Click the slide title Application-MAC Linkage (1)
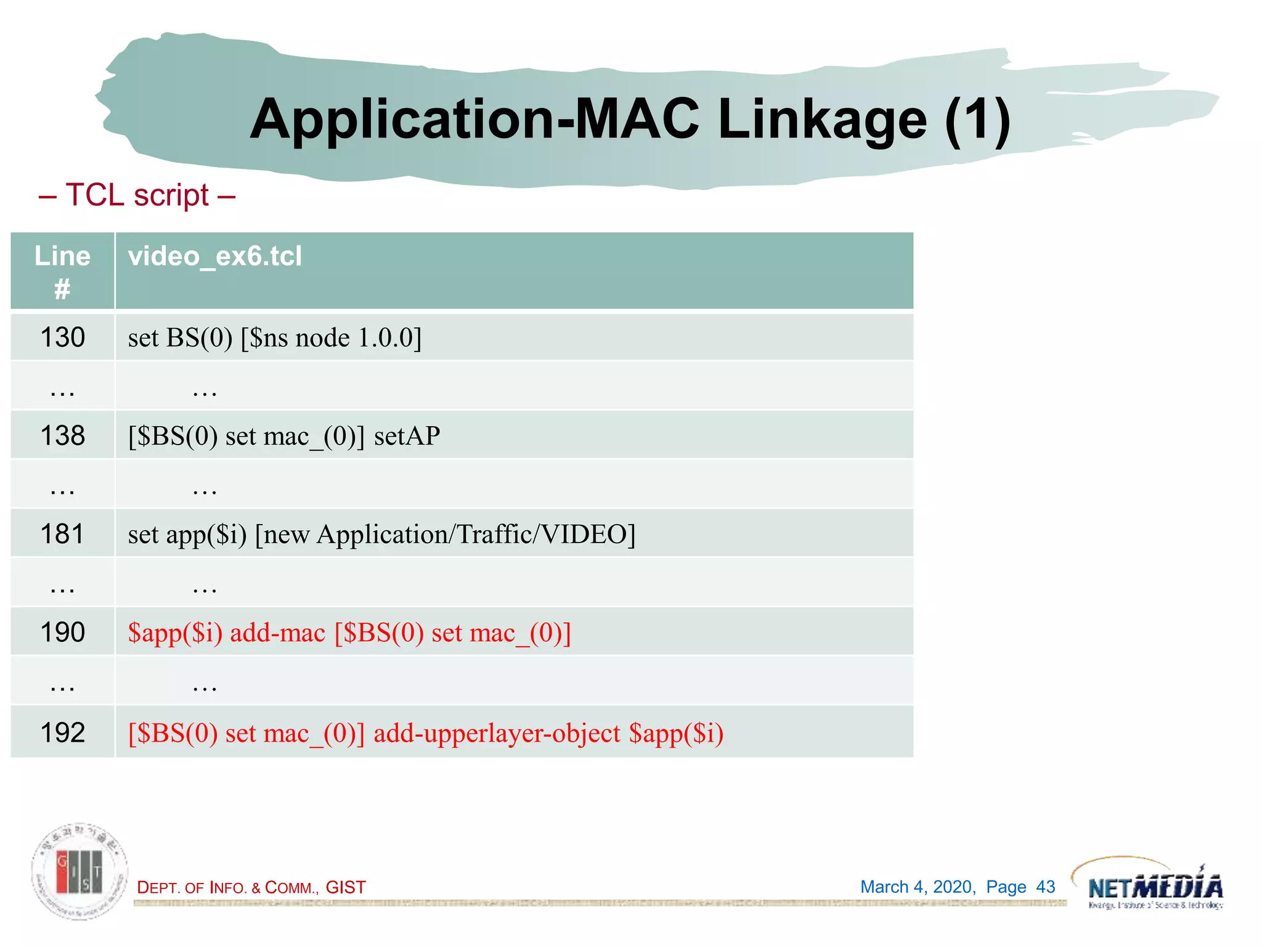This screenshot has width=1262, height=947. [630, 119]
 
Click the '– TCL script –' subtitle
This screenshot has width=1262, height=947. [137, 195]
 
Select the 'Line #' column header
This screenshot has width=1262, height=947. [62, 271]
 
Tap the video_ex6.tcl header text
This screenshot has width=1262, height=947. [215, 256]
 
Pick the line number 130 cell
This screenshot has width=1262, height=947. [62, 338]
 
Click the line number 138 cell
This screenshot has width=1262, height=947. [62, 436]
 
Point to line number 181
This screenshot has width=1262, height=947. [62, 534]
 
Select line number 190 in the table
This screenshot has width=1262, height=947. [62, 633]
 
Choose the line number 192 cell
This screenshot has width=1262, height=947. [62, 732]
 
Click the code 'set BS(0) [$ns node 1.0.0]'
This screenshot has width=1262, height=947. [275, 338]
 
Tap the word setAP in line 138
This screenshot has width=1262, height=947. [407, 436]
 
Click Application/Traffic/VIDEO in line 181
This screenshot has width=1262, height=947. [476, 534]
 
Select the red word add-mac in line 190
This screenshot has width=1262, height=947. [277, 633]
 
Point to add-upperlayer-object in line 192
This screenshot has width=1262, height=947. [497, 733]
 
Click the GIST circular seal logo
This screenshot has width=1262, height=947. [79, 871]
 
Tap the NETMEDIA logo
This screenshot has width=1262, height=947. [1155, 887]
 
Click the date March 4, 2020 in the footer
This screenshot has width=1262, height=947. [918, 887]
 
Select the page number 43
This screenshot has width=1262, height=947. [1045, 887]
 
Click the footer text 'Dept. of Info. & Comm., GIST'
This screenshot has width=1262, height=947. [251, 887]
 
